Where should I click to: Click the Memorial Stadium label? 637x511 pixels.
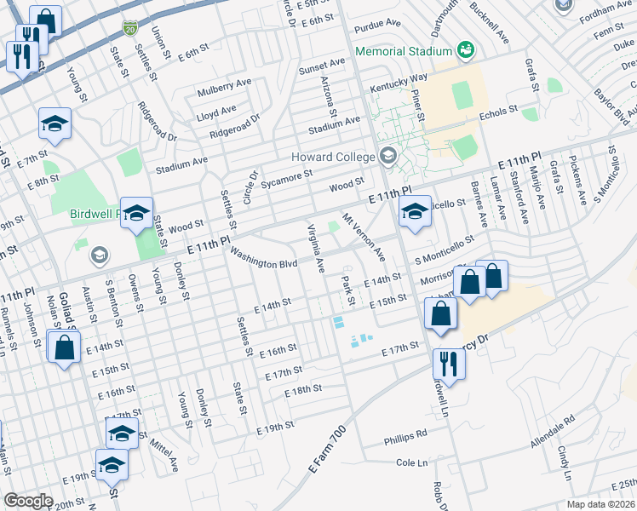click(x=404, y=50)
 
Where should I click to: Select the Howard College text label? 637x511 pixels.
click(x=333, y=157)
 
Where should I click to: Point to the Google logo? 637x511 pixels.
click(x=28, y=501)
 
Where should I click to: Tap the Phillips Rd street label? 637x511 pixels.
click(x=405, y=433)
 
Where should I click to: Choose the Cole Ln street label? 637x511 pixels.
click(x=410, y=462)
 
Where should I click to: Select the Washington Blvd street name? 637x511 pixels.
click(x=263, y=260)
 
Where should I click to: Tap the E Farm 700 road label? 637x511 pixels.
click(x=329, y=452)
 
